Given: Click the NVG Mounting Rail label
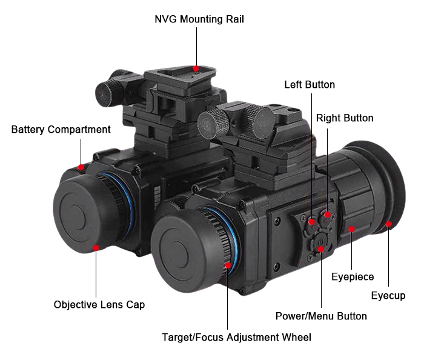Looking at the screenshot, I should tap(199, 19).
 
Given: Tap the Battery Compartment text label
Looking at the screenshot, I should tap(61, 130).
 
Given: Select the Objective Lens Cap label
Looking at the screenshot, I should tap(99, 304).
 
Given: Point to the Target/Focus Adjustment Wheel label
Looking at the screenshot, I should tap(236, 337).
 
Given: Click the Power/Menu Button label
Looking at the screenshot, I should tap(321, 316).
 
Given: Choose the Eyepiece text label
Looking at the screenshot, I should tap(353, 277).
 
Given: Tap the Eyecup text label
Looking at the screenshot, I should tap(388, 296).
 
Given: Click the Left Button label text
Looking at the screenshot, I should tap(310, 85).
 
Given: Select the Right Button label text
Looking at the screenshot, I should tap(345, 118).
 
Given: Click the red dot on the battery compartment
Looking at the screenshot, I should tap(82, 167).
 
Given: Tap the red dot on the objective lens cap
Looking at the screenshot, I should tap(96, 247).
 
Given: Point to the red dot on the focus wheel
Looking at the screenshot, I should tap(228, 265).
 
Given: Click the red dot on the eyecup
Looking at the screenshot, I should tap(389, 224).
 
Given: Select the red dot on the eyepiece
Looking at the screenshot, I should tap(352, 229).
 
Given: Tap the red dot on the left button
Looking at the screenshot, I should tap(312, 222).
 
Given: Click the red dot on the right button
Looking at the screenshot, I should tap(328, 215).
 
